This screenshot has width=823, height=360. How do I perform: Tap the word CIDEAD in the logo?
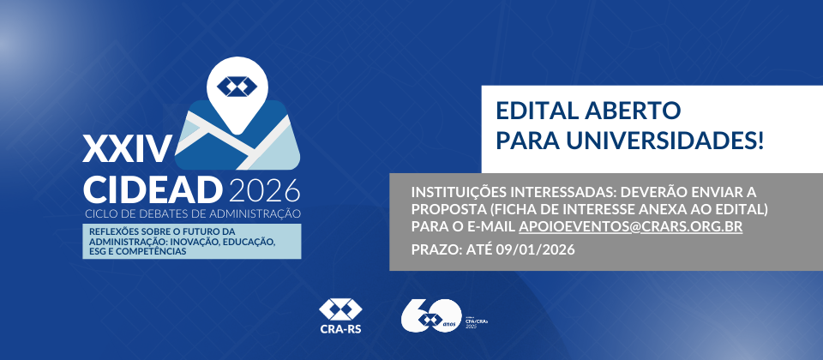[151, 188]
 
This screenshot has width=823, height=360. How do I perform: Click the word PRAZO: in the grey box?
[436, 249]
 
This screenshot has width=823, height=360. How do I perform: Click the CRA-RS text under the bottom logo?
[341, 327]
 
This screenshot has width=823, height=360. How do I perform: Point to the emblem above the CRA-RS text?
[341, 309]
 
